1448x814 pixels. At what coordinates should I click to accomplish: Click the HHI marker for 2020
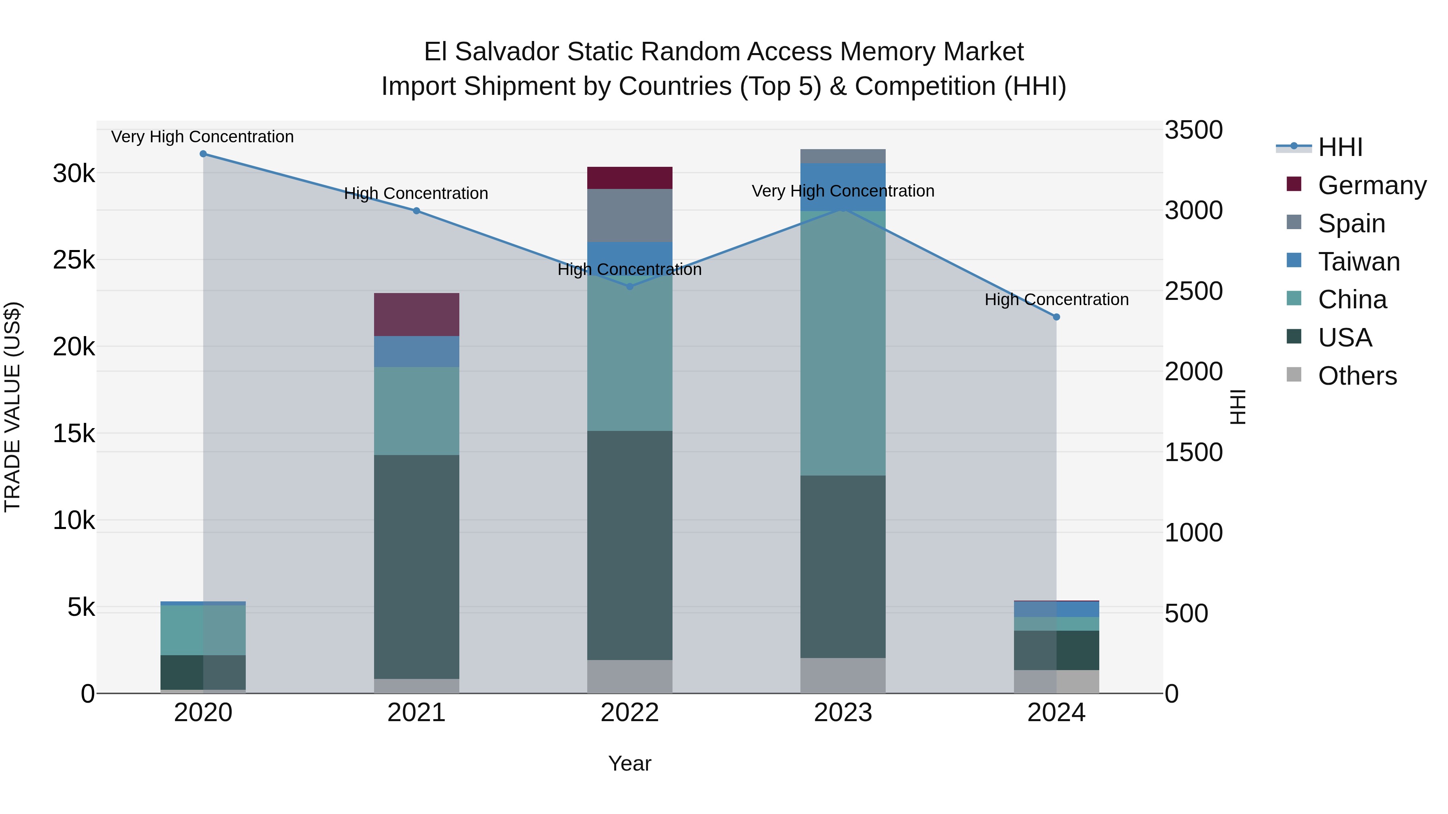[x=203, y=154]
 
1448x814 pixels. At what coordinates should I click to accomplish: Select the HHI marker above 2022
[x=629, y=287]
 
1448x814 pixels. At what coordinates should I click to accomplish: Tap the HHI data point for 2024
[x=1056, y=317]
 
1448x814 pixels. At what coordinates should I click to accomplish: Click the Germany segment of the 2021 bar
[x=417, y=315]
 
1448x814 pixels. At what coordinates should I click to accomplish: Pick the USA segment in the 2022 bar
[x=629, y=545]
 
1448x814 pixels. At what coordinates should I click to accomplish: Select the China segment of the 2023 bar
[x=843, y=342]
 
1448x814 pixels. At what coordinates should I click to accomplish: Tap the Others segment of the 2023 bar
[x=843, y=675]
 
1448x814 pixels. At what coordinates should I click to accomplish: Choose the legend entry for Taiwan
[x=1358, y=262]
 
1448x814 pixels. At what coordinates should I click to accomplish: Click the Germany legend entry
[x=1372, y=185]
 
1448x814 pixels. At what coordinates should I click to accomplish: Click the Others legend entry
[x=1357, y=376]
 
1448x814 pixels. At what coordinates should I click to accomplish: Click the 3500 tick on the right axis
[x=1193, y=130]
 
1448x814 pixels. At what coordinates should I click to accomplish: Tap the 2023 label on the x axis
[x=843, y=713]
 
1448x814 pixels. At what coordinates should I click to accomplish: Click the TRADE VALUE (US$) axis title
[x=12, y=407]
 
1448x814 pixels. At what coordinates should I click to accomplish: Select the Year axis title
[x=629, y=763]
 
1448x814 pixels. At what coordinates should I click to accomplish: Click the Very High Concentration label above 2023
[x=843, y=191]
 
